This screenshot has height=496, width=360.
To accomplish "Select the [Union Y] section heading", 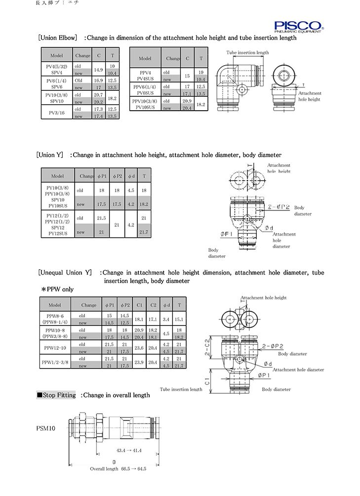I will [50, 155].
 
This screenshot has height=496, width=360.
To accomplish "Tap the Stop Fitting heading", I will [56, 395].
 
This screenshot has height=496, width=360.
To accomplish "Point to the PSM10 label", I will [46, 428].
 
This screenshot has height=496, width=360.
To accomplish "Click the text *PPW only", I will [57, 289].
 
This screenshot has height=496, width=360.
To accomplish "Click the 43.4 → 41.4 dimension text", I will [129, 451].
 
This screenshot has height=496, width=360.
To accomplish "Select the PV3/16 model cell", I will [56, 112].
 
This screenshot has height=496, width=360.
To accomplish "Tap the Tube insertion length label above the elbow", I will [247, 52].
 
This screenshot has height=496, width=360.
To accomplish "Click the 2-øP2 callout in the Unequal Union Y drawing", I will [273, 346].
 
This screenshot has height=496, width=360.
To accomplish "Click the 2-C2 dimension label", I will [208, 348].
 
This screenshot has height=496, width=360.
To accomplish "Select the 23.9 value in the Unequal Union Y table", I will [139, 363].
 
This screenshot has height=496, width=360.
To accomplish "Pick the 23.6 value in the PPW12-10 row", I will [139, 347].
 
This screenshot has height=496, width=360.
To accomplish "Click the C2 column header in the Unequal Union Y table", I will [153, 305].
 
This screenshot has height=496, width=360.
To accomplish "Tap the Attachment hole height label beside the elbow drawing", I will [310, 96].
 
